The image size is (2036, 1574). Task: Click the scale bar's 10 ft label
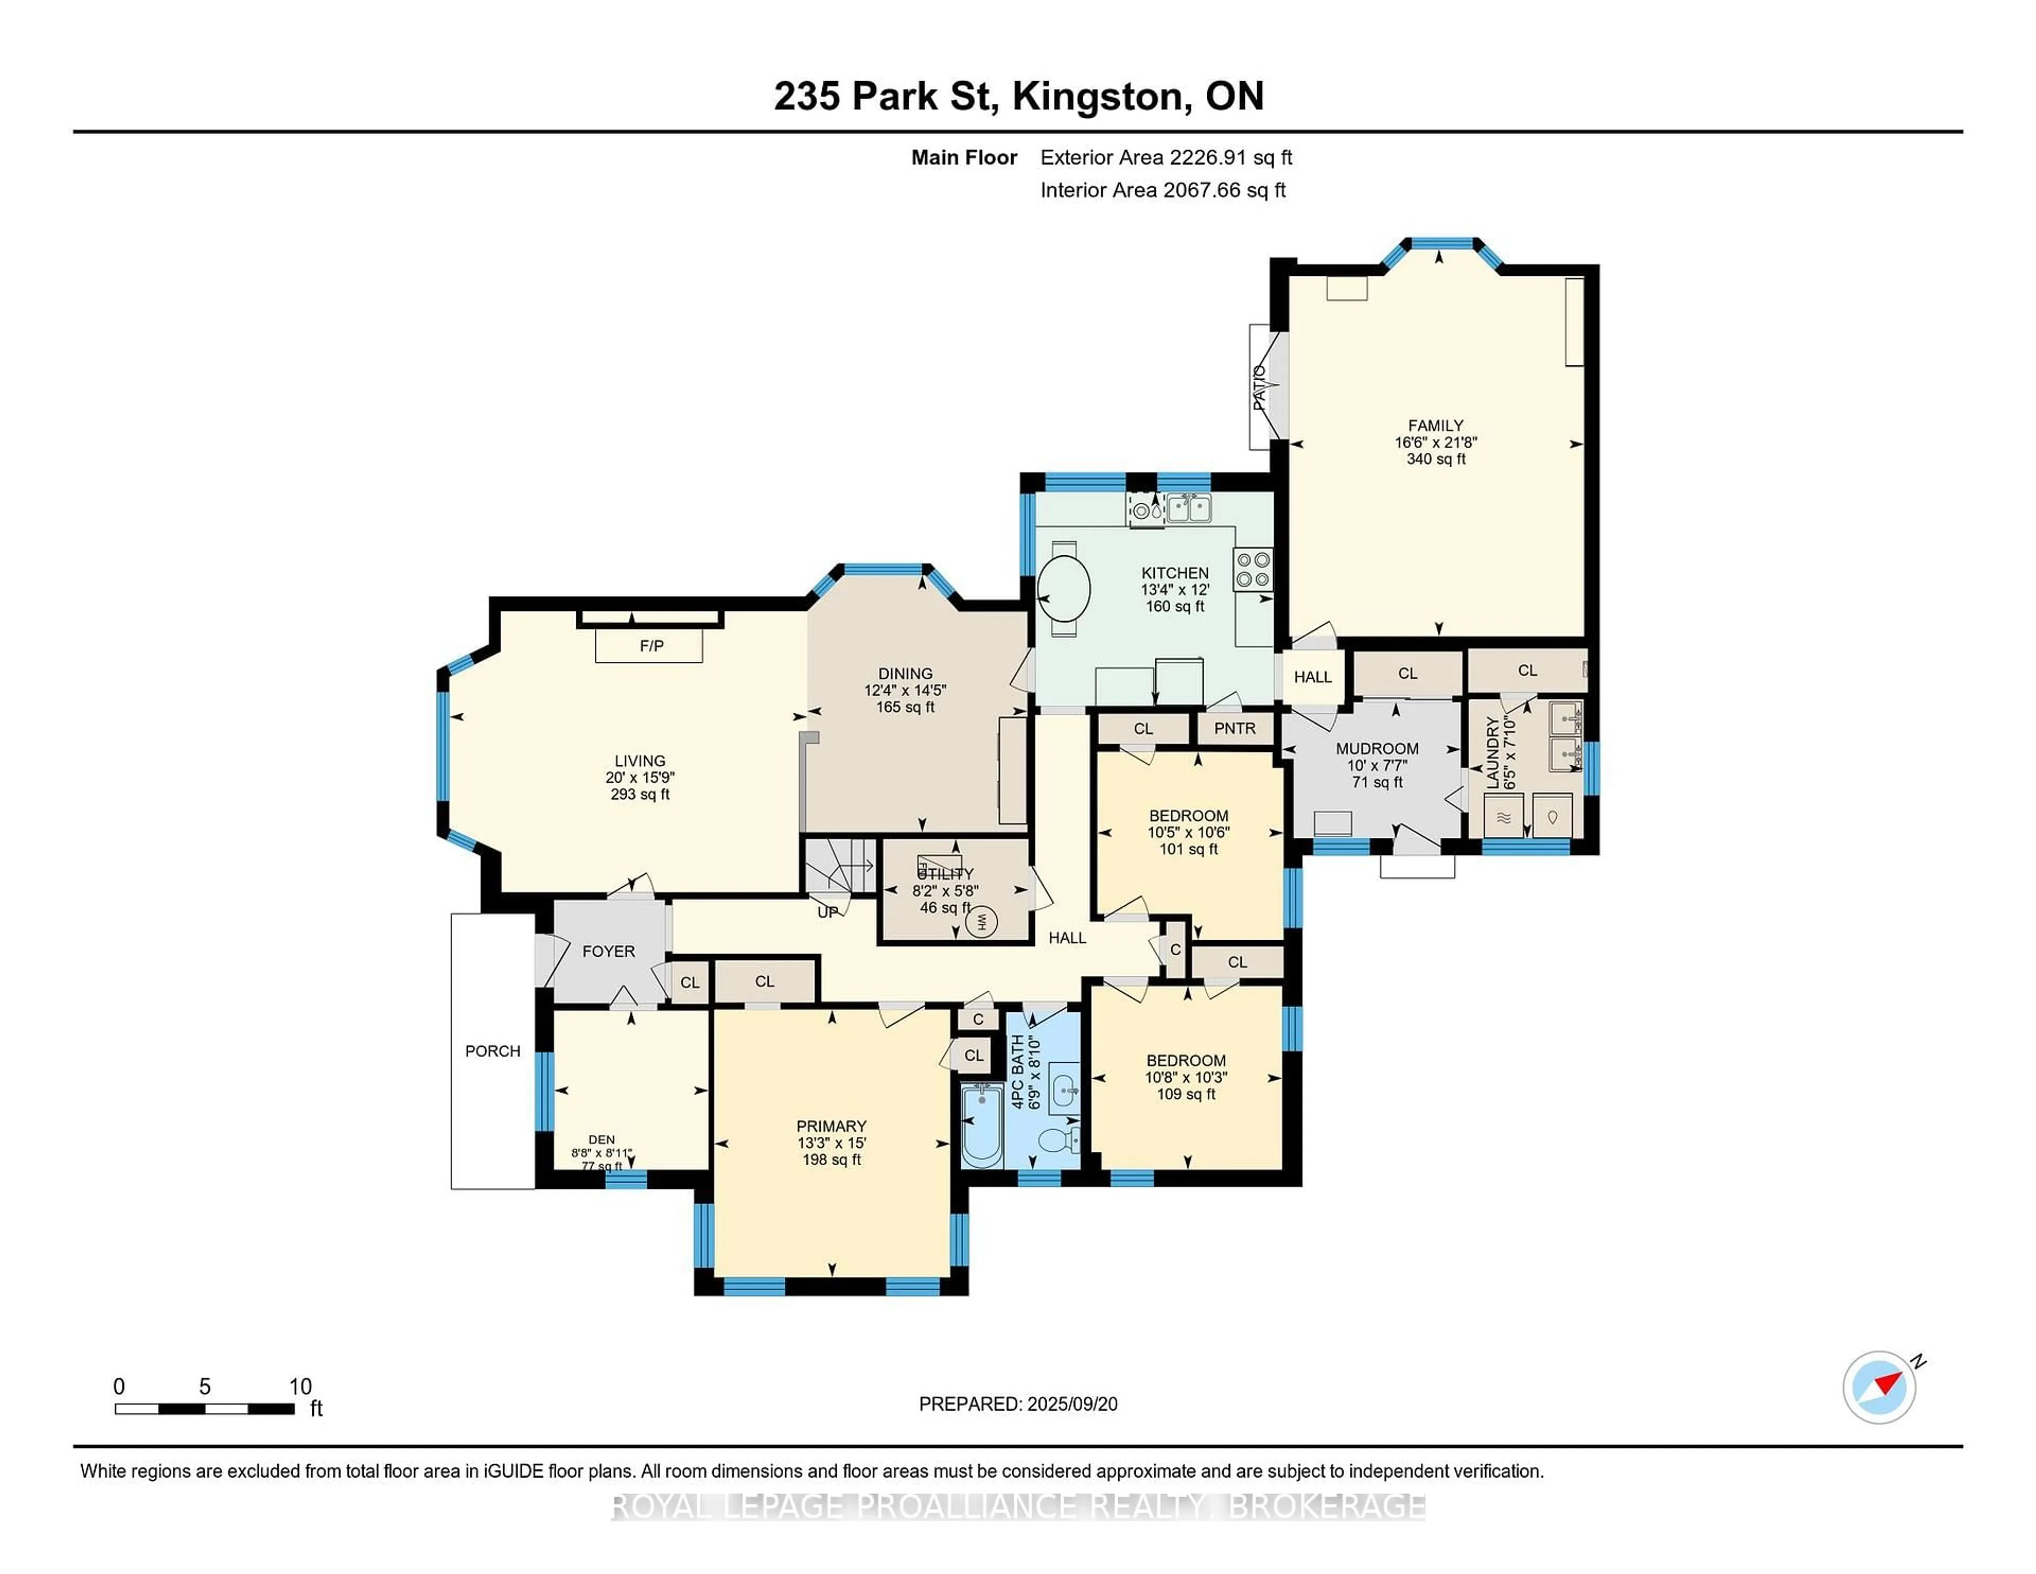coord(300,1387)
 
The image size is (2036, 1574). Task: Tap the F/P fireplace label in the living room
coord(651,646)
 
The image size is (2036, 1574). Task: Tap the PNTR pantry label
coord(1234,728)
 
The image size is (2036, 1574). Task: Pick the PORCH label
coord(492,1051)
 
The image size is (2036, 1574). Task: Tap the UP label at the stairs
coord(828,912)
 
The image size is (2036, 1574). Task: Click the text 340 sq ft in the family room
coord(1436,459)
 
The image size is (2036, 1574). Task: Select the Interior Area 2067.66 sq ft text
coord(1163,190)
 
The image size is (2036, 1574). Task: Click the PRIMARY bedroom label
coord(831,1125)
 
